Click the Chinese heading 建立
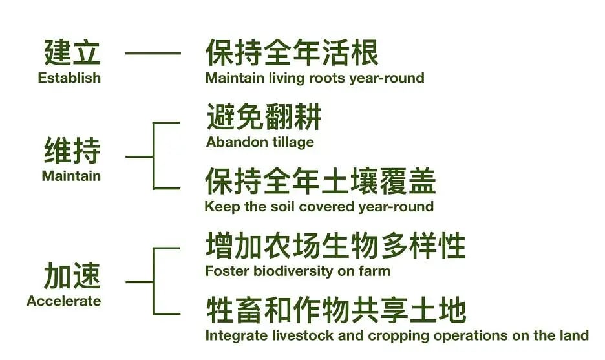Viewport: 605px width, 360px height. point(72,52)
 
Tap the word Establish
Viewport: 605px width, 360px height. point(69,78)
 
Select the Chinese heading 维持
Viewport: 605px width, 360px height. point(72,150)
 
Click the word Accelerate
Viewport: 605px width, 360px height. point(64,301)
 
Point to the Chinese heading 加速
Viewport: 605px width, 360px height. point(72,275)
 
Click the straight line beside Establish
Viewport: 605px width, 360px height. point(153,53)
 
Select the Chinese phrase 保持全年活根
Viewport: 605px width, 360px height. point(292,52)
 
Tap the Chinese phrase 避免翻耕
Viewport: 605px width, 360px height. point(264,117)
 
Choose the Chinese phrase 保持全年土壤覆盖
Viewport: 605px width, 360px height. point(321,181)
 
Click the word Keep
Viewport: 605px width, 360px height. point(222,207)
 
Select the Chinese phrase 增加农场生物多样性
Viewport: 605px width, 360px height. point(335,246)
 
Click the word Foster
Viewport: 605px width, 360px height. point(228,271)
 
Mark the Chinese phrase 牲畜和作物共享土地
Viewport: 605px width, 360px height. point(336,310)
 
